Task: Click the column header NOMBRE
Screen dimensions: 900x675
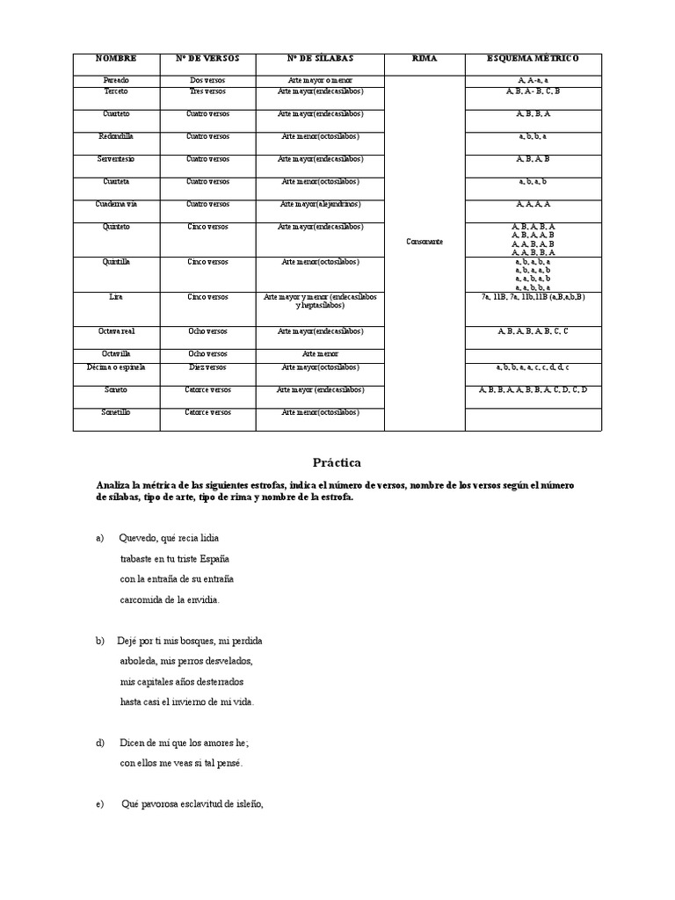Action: point(116,59)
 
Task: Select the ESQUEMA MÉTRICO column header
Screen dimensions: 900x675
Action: point(533,59)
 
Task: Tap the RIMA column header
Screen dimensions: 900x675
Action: point(424,59)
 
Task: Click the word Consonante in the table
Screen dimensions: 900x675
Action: point(424,242)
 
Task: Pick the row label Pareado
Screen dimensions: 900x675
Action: point(116,80)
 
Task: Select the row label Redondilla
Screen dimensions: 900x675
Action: point(116,136)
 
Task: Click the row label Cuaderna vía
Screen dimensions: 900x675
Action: point(116,204)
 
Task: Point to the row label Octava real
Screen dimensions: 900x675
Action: point(116,331)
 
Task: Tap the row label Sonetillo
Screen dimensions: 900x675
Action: point(116,411)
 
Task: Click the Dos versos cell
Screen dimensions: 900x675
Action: point(207,80)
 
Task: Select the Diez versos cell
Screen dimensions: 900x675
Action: point(207,367)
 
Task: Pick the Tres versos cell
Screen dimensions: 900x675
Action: point(207,91)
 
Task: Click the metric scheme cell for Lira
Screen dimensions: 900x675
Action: point(533,297)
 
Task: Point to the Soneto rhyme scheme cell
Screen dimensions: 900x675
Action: point(533,388)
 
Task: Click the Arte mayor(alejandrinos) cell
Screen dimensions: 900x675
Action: point(320,204)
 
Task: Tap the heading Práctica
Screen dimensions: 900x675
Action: point(337,462)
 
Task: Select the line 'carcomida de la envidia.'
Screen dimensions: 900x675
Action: point(170,599)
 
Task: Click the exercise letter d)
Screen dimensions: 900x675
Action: point(100,743)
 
